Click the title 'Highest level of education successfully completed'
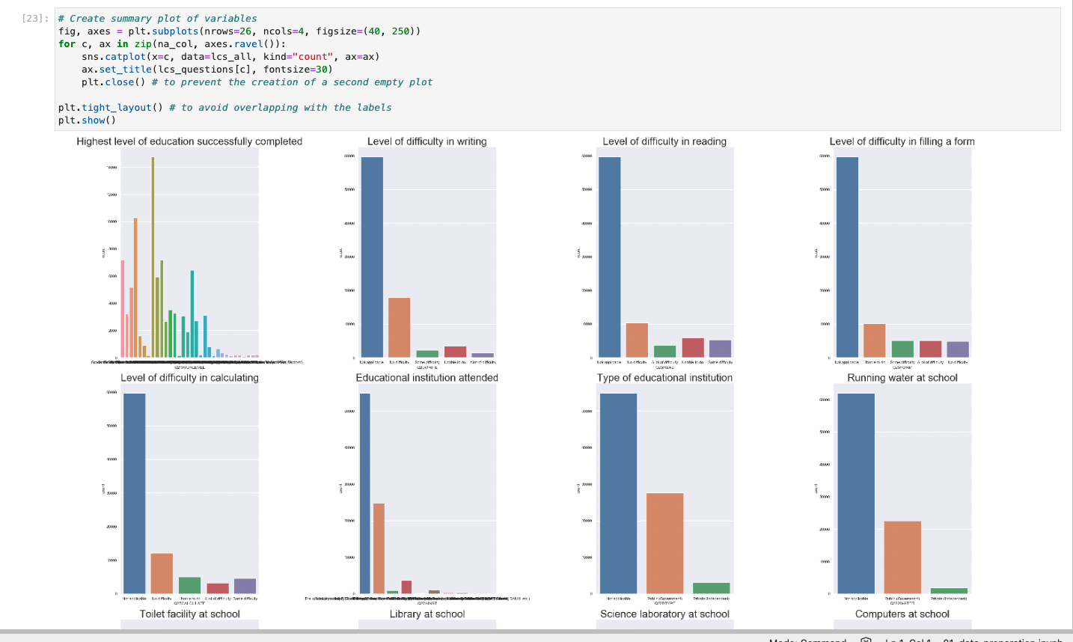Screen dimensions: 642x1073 189,141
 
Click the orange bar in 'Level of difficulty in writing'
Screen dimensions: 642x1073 400,327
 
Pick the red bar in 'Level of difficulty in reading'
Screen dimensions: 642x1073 693,347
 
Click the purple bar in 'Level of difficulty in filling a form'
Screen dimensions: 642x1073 958,349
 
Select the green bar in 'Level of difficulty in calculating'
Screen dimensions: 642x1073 189,585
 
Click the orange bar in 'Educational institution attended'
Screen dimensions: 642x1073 379,548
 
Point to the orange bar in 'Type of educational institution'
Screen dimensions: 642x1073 664,543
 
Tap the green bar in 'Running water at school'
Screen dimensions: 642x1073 949,590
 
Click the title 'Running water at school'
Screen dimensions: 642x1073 902,378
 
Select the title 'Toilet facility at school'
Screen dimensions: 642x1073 189,614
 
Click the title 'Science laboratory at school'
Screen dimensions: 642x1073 664,614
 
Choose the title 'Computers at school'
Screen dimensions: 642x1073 902,614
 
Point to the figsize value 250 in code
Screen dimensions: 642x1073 401,31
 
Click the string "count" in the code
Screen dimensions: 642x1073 313,57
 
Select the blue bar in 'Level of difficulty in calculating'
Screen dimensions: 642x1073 135,493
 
